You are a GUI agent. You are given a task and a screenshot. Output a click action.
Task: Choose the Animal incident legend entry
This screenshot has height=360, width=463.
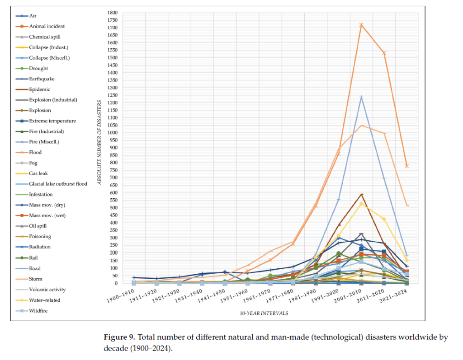pos(47,26)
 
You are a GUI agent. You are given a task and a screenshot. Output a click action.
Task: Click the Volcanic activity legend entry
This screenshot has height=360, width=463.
pos(47,290)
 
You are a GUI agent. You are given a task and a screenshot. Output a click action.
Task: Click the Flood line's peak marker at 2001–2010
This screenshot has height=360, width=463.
pos(361,25)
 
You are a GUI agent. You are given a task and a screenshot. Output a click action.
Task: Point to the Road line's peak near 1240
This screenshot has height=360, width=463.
pos(361,97)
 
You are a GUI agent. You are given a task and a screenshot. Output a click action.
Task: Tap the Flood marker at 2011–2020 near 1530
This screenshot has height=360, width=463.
pos(384,53)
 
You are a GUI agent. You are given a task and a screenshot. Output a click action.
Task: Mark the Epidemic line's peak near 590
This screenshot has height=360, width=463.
pos(361,194)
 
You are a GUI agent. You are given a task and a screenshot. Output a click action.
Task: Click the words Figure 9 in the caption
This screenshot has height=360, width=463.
pos(119,337)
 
